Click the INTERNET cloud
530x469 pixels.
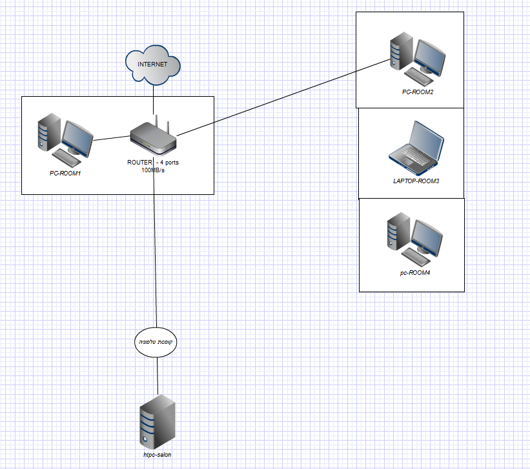pyautogui.click(x=153, y=65)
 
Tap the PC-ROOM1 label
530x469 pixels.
pyautogui.click(x=66, y=173)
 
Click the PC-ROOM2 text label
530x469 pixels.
pyautogui.click(x=418, y=92)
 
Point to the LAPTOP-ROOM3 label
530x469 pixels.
pyautogui.click(x=416, y=181)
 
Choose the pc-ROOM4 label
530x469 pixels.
pyautogui.click(x=414, y=273)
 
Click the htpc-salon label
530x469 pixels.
pyautogui.click(x=158, y=455)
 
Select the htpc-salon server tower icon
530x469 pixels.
pyautogui.click(x=158, y=423)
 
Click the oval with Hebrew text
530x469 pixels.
pyautogui.click(x=157, y=342)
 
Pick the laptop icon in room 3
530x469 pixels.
pyautogui.click(x=417, y=148)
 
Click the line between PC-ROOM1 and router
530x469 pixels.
pyautogui.click(x=111, y=137)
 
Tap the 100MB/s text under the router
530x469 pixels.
pyautogui.click(x=153, y=170)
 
